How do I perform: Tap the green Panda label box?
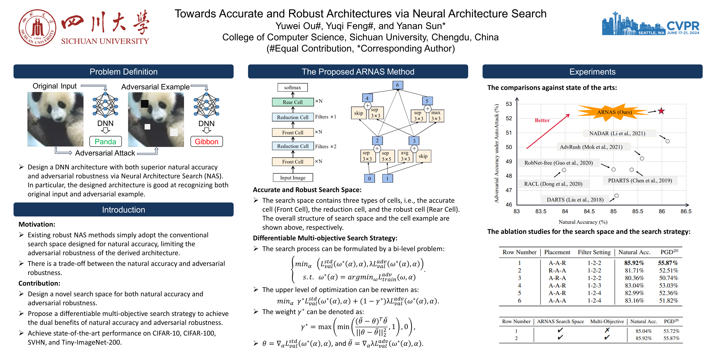click(x=105, y=141)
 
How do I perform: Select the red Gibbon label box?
click(x=206, y=141)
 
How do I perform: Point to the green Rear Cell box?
click(x=293, y=102)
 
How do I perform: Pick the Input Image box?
click(x=293, y=178)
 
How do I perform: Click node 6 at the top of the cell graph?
click(x=397, y=85)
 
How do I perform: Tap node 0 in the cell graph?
click(x=370, y=178)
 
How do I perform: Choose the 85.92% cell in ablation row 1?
click(x=634, y=263)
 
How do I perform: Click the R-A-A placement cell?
click(x=557, y=271)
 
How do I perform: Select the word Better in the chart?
click(x=542, y=121)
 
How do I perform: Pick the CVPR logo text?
click(x=683, y=26)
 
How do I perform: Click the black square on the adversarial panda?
click(x=144, y=104)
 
